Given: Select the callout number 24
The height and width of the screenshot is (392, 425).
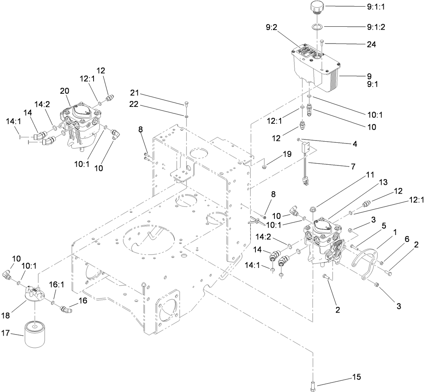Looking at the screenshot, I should coord(371,45).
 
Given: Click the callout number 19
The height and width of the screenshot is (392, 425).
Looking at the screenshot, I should coord(287,154).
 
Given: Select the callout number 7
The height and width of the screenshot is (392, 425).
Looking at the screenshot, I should coord(353,166).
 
